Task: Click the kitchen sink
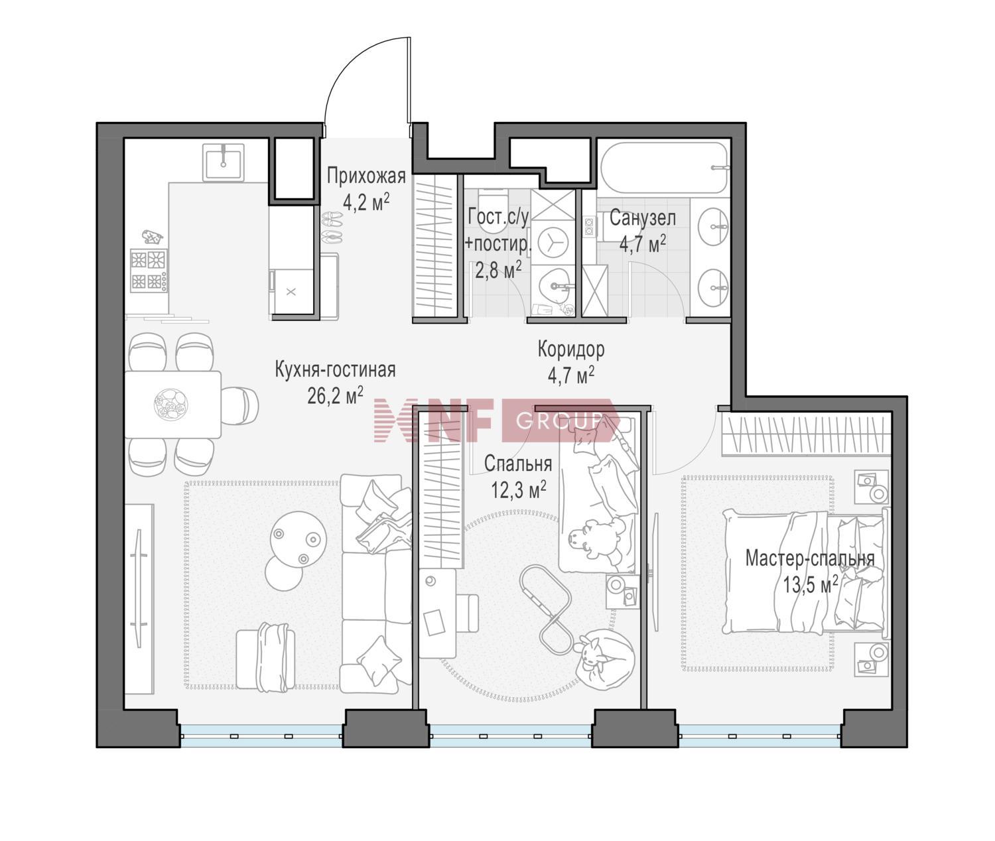pyautogui.click(x=224, y=162)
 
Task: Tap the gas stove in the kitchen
pyautogui.click(x=149, y=271)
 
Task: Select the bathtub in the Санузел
pyautogui.click(x=665, y=168)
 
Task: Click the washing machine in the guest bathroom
pyautogui.click(x=553, y=242)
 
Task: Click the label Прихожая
pyautogui.click(x=366, y=176)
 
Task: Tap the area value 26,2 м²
pyautogui.click(x=335, y=396)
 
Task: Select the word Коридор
pyautogui.click(x=571, y=350)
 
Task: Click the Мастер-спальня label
pyautogui.click(x=810, y=558)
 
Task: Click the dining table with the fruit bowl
pyautogui.click(x=173, y=405)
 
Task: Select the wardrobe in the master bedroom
pyautogui.click(x=807, y=434)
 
